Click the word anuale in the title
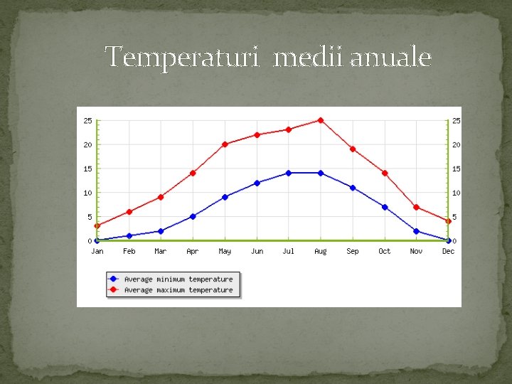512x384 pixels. [x=391, y=56]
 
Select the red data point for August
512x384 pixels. [x=321, y=120]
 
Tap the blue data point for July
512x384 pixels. [x=289, y=173]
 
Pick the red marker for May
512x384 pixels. [x=225, y=144]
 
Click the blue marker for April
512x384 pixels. [x=193, y=216]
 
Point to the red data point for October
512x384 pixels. [x=385, y=173]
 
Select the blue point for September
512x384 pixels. [x=353, y=188]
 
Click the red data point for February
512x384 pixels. [x=129, y=211]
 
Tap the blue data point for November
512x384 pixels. [x=417, y=231]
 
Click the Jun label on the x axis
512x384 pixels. [x=257, y=251]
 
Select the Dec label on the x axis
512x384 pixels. [x=448, y=251]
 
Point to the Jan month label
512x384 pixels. [x=97, y=251]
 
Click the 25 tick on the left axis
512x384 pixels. [x=87, y=120]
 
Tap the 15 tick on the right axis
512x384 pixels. [x=457, y=169]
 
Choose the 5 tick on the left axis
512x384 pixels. [x=90, y=217]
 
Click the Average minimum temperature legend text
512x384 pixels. [x=178, y=279]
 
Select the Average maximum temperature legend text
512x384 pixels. [x=178, y=290]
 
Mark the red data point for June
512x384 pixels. [x=257, y=134]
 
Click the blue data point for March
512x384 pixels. [x=161, y=231]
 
